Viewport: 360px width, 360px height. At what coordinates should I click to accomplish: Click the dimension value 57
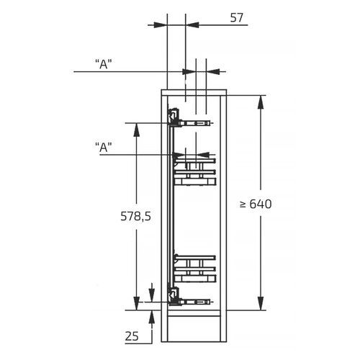click(x=237, y=18)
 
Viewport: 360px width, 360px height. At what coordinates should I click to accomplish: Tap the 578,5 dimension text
click(x=136, y=216)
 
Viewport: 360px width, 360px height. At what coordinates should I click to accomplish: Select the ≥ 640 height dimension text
click(x=256, y=204)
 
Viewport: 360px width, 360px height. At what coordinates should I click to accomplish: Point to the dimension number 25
click(x=132, y=336)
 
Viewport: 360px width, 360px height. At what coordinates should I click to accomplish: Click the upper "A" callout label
click(x=104, y=64)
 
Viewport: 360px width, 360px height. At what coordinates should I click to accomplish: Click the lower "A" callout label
click(x=104, y=147)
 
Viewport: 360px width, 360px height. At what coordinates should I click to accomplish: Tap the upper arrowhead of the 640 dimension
click(x=261, y=103)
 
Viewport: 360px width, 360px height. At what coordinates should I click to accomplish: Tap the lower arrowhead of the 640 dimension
click(x=261, y=303)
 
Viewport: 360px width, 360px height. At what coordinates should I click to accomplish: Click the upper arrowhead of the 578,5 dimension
click(x=137, y=130)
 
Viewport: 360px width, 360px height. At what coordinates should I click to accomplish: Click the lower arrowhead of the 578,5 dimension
click(x=137, y=303)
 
